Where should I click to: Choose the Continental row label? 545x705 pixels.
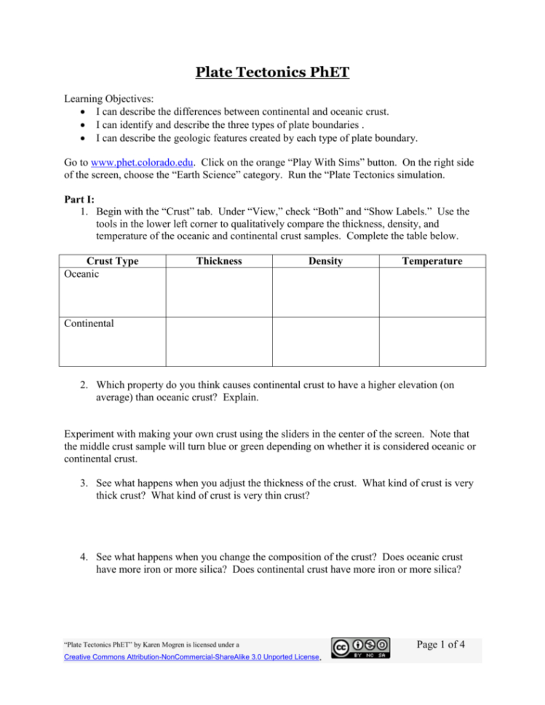(x=89, y=324)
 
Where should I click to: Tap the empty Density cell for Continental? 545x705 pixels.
(x=325, y=342)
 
